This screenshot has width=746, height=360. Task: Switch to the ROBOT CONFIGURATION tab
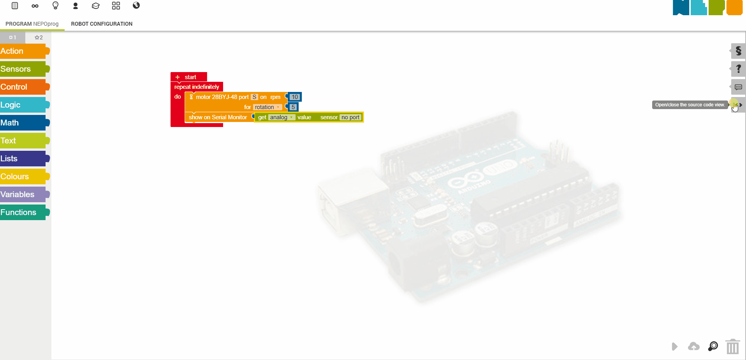[x=102, y=24]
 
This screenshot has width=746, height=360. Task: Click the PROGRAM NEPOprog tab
[x=32, y=24]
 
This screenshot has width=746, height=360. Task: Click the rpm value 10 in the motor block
[x=295, y=97]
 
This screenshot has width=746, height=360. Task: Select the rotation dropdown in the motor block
[x=267, y=107]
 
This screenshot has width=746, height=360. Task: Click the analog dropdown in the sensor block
[x=281, y=117]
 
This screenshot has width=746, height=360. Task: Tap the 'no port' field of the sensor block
[x=350, y=117]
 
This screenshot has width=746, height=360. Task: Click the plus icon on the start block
[x=178, y=77]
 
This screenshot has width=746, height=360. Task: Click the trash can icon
[x=732, y=346]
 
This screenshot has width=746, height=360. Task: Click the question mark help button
[x=738, y=69]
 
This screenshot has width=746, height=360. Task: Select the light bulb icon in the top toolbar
[x=55, y=5]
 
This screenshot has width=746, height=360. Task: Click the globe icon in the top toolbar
[x=136, y=5]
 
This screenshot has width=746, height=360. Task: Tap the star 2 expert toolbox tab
[x=39, y=37]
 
